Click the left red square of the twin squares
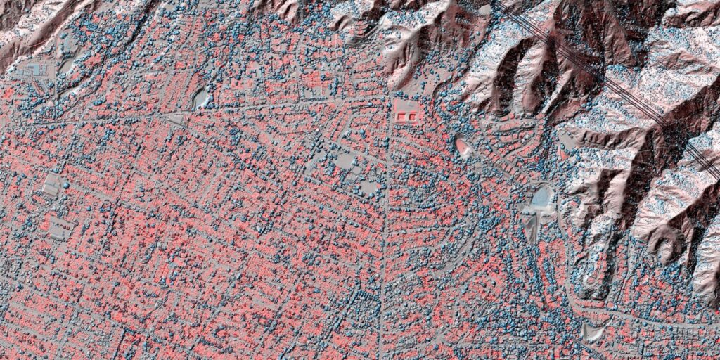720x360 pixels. click(402, 112)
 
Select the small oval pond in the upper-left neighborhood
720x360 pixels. click(201, 98)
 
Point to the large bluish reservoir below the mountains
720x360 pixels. click(542, 198)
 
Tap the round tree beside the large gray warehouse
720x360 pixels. click(66, 185)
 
